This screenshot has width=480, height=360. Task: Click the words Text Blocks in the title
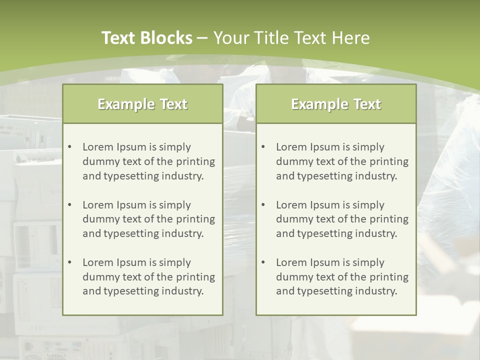pyautogui.click(x=146, y=38)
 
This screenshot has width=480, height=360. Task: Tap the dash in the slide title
pyautogui.click(x=202, y=38)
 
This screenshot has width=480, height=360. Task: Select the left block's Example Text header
pyautogui.click(x=142, y=104)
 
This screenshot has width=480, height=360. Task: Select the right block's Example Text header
pyautogui.click(x=336, y=104)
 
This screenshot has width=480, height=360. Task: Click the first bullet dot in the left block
pyautogui.click(x=69, y=147)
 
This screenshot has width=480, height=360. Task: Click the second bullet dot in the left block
pyautogui.click(x=69, y=205)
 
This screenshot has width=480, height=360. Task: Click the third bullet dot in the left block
pyautogui.click(x=69, y=262)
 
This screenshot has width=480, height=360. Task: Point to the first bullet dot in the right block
pyautogui.click(x=263, y=147)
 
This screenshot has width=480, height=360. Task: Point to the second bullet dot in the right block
pyautogui.click(x=263, y=205)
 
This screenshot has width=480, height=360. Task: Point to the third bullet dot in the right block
pyautogui.click(x=263, y=262)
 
